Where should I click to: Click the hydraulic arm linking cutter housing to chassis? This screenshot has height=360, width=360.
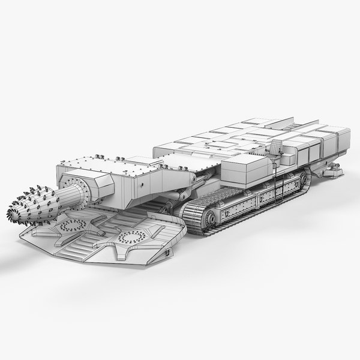[187, 192]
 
